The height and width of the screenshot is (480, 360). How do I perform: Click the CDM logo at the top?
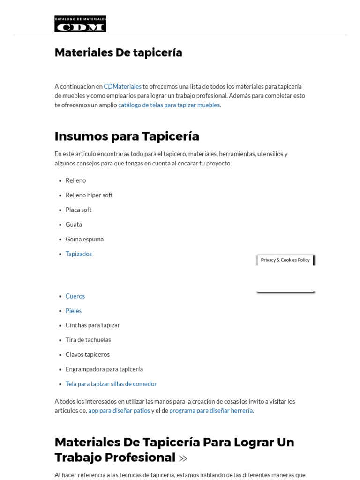[80, 24]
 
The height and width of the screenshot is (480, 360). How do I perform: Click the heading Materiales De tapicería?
[118, 52]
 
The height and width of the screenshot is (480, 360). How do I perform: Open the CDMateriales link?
[122, 87]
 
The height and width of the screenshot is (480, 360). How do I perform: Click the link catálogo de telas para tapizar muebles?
[169, 105]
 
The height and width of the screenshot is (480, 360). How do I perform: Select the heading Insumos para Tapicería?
[127, 136]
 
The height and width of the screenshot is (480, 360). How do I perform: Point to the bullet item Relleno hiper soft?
[89, 195]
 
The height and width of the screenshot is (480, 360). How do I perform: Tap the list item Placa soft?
[78, 210]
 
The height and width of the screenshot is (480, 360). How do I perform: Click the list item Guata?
[74, 225]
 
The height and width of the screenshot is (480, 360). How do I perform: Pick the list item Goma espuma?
[84, 239]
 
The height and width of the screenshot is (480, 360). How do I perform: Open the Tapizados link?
[79, 254]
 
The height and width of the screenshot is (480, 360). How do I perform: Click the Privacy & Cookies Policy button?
[285, 260]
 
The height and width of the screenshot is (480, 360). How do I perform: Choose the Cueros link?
[75, 296]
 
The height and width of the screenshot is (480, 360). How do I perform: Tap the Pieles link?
[74, 311]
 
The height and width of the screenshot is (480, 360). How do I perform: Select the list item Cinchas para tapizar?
[93, 325]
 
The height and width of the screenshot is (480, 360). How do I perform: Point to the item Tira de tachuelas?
[88, 340]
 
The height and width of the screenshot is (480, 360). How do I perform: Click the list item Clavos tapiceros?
[88, 354]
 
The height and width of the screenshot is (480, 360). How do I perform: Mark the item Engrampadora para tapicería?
[104, 369]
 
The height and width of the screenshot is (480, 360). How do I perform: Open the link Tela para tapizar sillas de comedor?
[111, 384]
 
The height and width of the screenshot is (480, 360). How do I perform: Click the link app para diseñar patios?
[119, 411]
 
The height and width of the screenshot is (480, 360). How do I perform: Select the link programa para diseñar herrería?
[211, 411]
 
